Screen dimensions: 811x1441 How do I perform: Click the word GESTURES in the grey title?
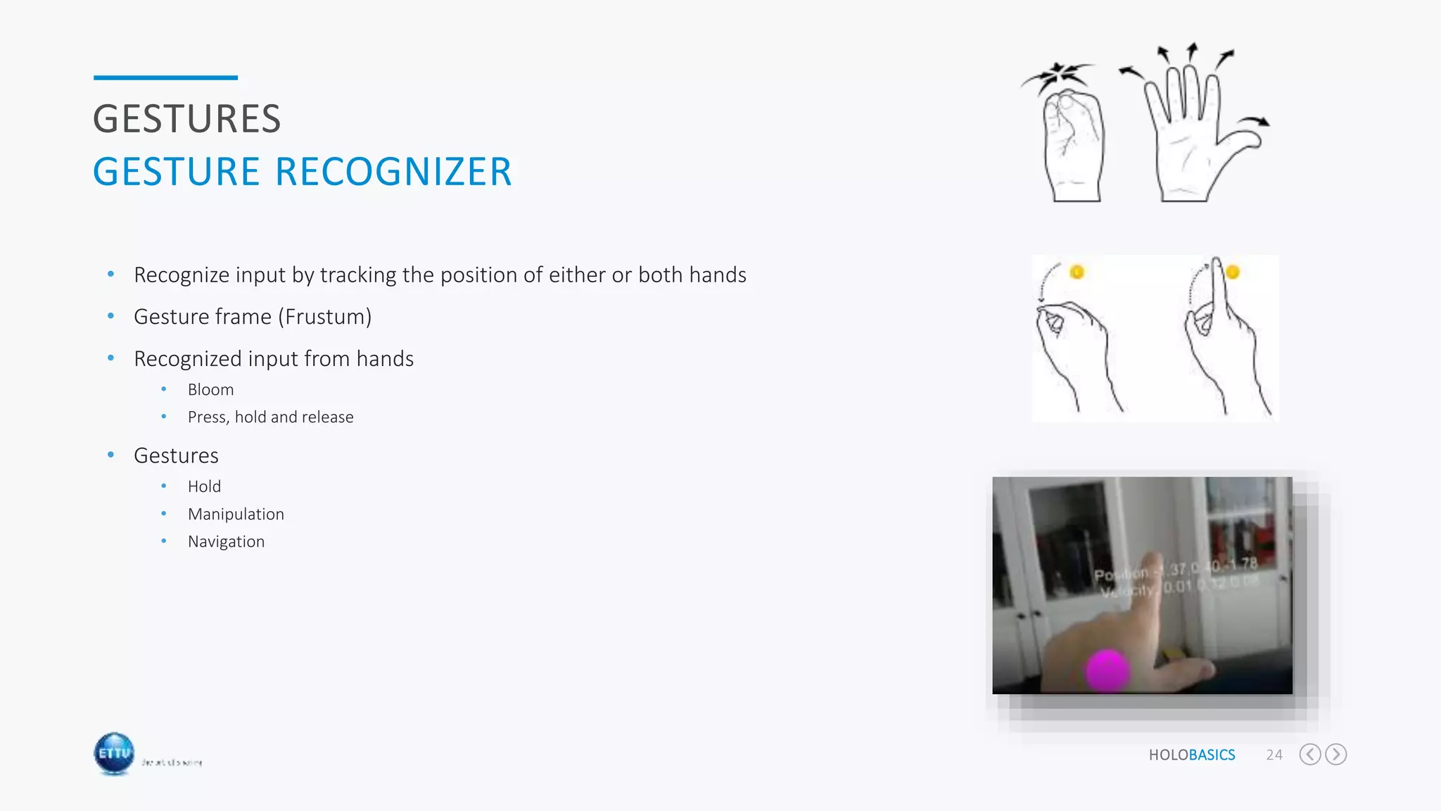tap(187, 119)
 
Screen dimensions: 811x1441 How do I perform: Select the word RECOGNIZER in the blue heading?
tap(393, 172)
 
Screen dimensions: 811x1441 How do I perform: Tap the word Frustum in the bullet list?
tap(324, 318)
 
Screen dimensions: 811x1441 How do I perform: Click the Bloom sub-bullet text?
tap(210, 390)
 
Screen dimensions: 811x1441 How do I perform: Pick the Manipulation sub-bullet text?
tap(236, 515)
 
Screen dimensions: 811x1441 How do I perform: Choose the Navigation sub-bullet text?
tap(226, 542)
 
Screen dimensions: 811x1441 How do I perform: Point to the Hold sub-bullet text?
tap(204, 487)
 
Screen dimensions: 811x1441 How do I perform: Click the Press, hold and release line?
tap(270, 417)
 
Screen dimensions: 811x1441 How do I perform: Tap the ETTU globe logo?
tap(114, 753)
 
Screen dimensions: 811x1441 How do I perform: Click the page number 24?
tap(1274, 755)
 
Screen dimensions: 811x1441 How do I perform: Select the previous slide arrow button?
tap(1309, 755)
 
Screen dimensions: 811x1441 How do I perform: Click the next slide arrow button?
tap(1335, 755)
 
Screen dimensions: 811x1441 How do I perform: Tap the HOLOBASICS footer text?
tap(1191, 755)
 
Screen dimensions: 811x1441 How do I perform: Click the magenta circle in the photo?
tap(1107, 669)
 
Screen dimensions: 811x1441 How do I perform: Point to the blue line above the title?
tap(165, 77)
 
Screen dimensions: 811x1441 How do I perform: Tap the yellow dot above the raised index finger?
tap(1232, 272)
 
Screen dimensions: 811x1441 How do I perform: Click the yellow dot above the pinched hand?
tap(1077, 272)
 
